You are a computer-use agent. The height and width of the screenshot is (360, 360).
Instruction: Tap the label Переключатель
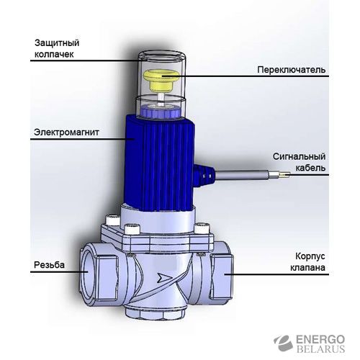click(x=292, y=70)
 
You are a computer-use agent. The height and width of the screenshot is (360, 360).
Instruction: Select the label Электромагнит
click(x=66, y=132)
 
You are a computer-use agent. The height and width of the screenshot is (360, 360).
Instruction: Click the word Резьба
click(x=49, y=264)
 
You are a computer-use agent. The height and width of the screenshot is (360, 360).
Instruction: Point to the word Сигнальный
click(x=299, y=157)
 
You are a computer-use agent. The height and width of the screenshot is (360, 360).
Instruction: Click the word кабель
click(x=310, y=168)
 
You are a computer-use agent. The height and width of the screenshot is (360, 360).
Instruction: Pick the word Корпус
click(x=310, y=256)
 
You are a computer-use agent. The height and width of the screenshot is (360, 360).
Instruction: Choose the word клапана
click(x=307, y=267)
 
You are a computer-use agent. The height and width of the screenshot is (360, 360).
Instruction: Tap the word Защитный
click(x=57, y=43)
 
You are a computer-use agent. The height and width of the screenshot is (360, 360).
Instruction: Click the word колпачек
click(x=54, y=54)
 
